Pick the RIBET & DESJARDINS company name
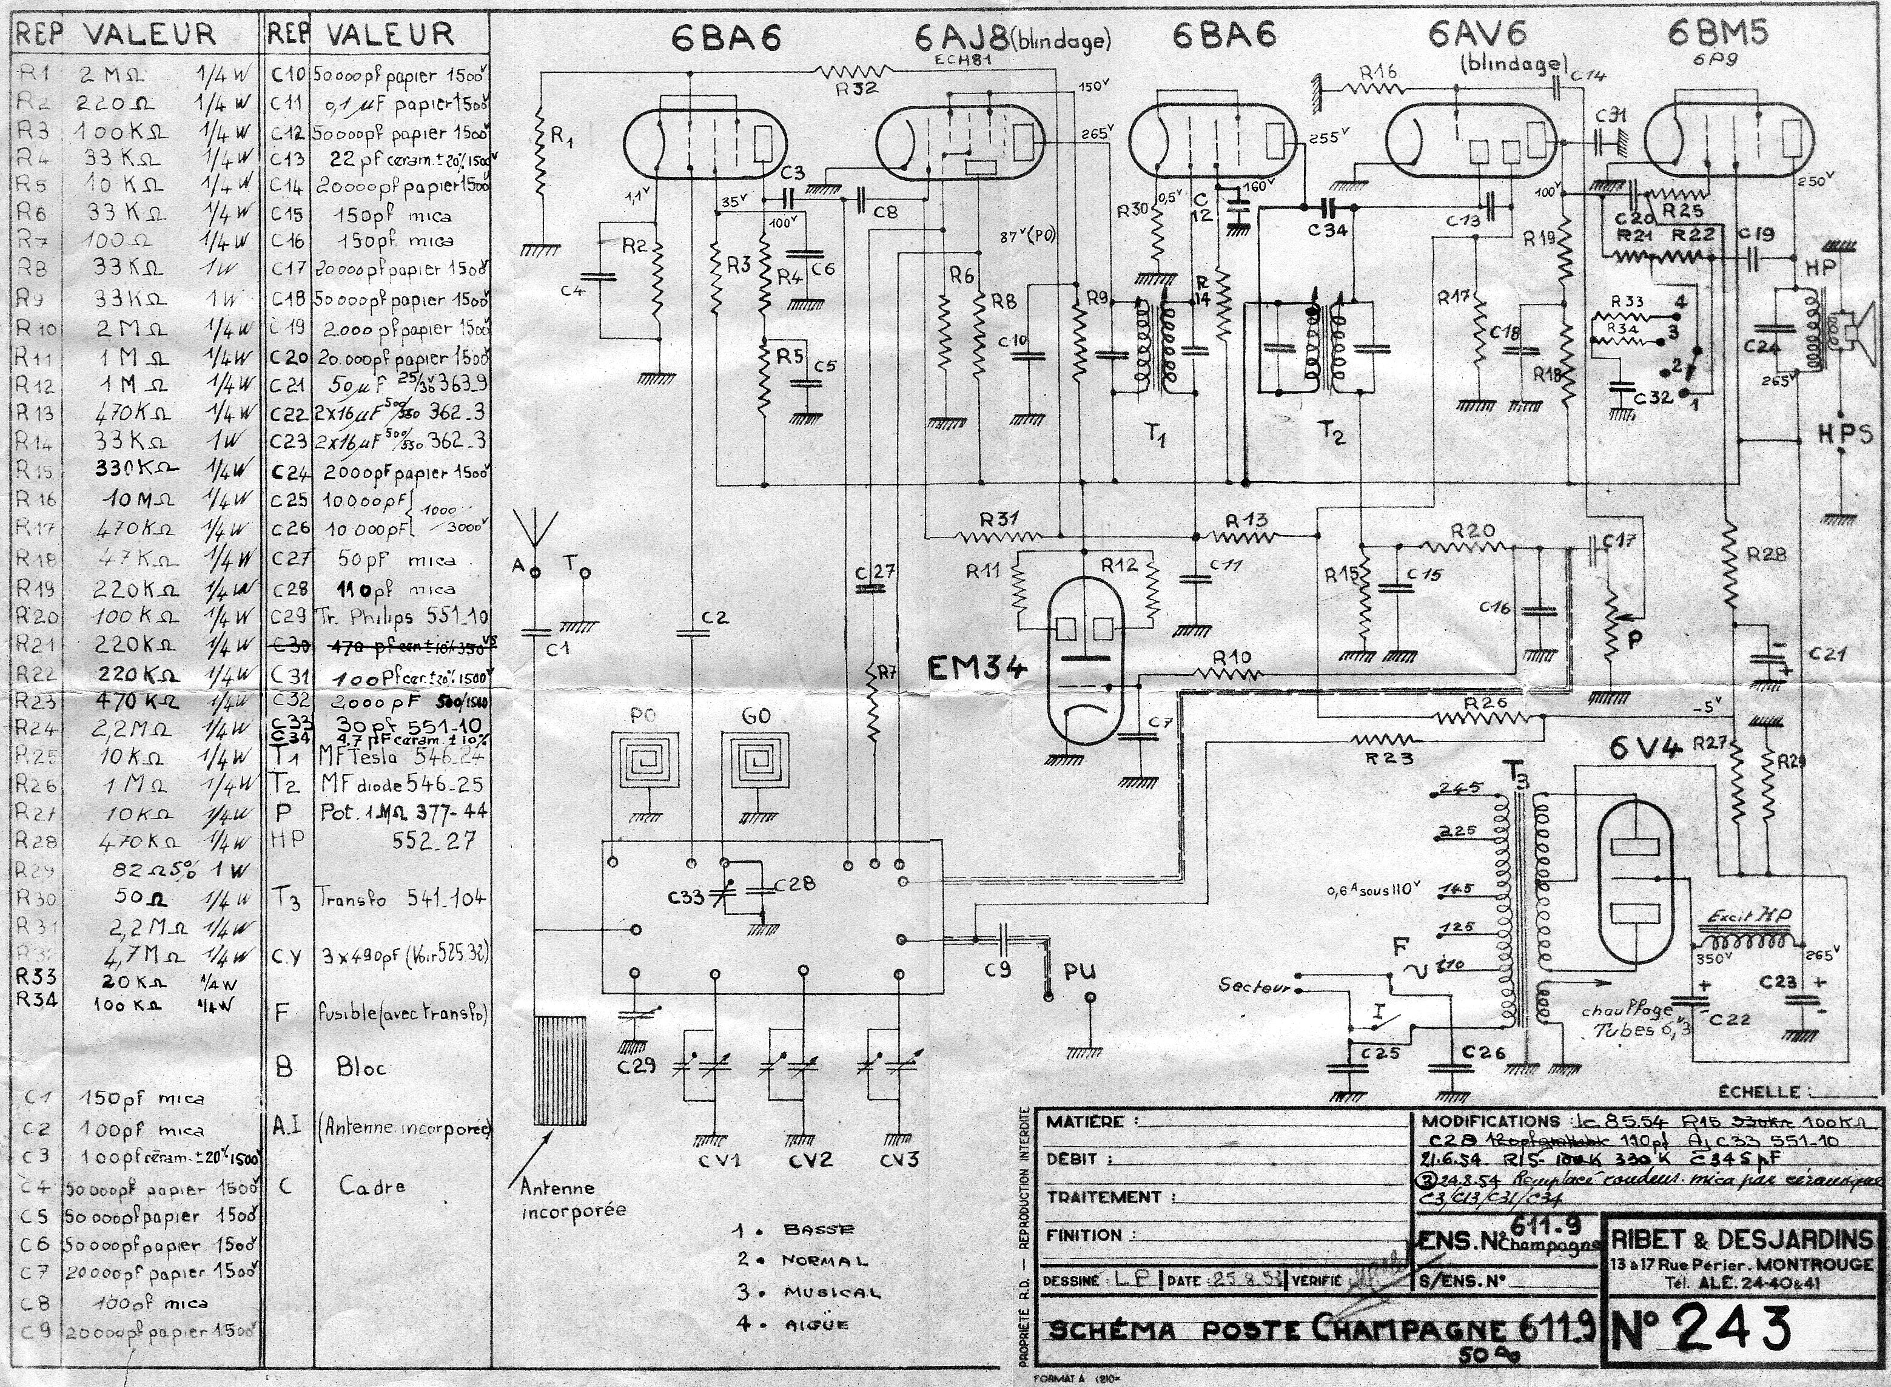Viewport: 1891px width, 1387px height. tap(1742, 1239)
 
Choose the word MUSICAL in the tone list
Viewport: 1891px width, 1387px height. tap(831, 1292)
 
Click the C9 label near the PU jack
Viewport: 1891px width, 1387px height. tap(999, 969)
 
